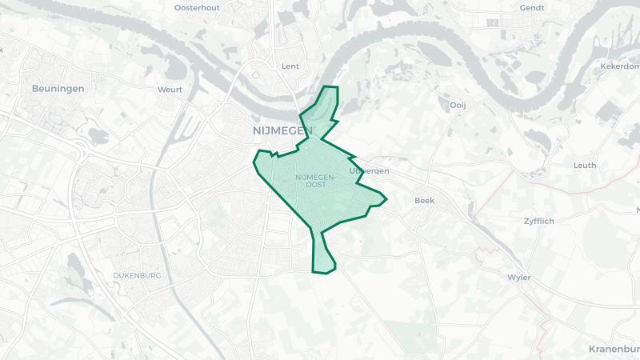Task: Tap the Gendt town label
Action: (532, 7)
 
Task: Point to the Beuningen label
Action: (58, 88)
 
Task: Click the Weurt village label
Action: (170, 90)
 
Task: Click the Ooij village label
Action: (458, 105)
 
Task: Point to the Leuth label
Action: (585, 166)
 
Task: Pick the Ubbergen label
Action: (370, 171)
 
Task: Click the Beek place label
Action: (424, 201)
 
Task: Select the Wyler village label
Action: (519, 278)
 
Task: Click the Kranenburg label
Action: (614, 349)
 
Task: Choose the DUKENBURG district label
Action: (137, 275)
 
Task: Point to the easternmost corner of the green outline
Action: (386, 199)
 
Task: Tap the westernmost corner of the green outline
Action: (254, 162)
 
